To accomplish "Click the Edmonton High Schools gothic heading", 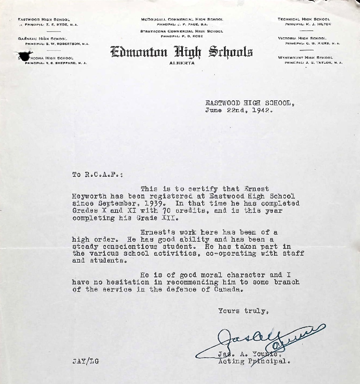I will [182, 52].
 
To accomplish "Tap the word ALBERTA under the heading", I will [182, 63].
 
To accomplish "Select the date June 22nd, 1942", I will [238, 110].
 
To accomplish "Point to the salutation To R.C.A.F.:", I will [97, 174].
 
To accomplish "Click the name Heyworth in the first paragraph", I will [89, 197].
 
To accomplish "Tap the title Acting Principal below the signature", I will [254, 362].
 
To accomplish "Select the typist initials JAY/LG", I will [85, 362].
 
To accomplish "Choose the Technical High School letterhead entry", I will [304, 19].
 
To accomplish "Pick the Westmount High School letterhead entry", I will [305, 58].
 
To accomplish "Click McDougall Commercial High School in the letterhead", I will [182, 19].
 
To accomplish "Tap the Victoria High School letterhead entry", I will [302, 38].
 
